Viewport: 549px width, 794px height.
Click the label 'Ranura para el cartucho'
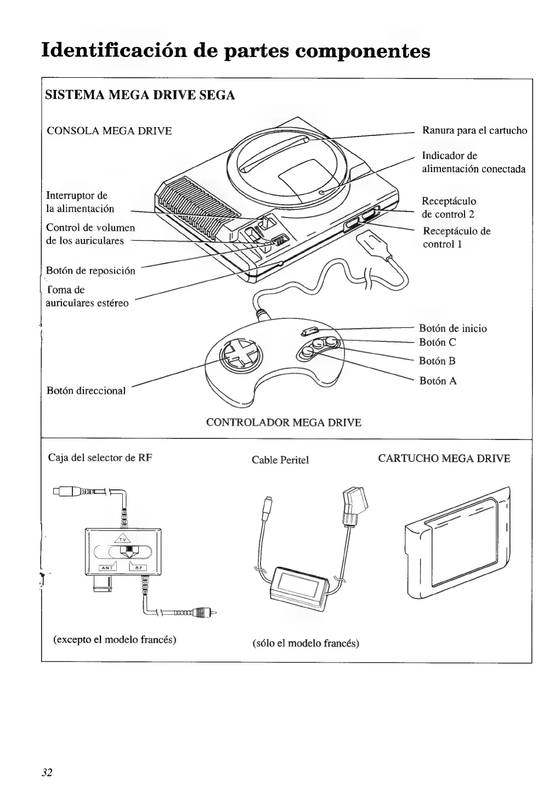tap(474, 131)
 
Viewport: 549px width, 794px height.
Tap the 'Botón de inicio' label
tap(452, 329)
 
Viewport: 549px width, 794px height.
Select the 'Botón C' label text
tap(437, 343)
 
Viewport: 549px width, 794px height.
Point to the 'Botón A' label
tap(438, 381)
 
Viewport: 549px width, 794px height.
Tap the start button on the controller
tap(310, 332)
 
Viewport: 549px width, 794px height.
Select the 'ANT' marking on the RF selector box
tap(107, 568)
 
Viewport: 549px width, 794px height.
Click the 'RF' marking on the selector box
tap(138, 568)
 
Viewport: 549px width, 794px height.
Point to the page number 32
tap(47, 773)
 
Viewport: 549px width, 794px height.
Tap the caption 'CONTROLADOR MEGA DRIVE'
tap(283, 422)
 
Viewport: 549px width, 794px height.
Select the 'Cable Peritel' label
tap(280, 460)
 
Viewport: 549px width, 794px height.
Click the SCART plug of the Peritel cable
tap(351, 504)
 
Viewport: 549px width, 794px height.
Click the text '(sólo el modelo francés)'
tap(305, 643)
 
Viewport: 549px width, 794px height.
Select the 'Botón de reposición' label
tap(90, 271)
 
